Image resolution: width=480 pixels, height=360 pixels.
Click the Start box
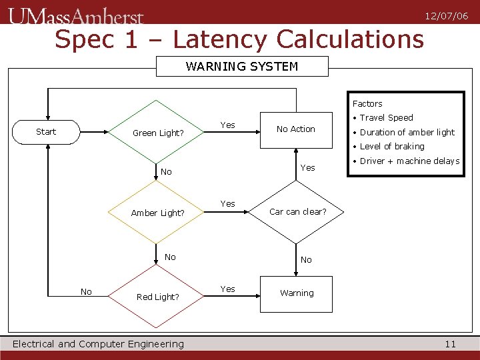[47, 132]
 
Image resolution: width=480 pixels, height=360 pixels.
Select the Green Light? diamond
[157, 133]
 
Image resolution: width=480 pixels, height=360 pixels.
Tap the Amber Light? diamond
[157, 213]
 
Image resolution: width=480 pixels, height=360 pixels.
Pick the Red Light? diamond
[157, 297]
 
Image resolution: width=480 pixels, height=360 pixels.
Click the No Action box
[296, 129]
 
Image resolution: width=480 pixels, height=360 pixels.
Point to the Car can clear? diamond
[297, 212]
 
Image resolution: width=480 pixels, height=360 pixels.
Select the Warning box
[297, 293]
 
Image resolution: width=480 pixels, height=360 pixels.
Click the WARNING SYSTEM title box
[242, 67]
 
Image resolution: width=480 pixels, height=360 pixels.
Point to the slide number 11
[450, 344]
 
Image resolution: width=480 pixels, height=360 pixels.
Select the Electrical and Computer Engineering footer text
[98, 344]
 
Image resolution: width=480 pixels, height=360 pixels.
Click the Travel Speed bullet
[386, 118]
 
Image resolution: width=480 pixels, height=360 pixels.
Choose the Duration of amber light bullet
[407, 133]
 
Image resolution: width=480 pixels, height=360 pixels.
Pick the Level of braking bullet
[391, 147]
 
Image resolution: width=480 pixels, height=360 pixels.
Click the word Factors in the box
[367, 104]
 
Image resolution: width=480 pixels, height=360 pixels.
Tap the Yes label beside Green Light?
[228, 125]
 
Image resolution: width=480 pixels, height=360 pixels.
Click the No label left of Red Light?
[86, 292]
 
